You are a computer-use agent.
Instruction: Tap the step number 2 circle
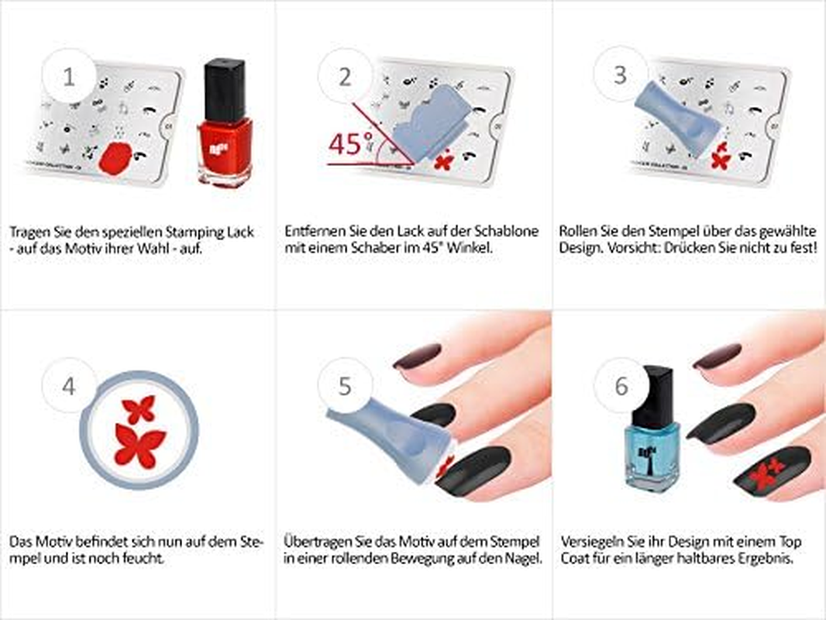click(345, 77)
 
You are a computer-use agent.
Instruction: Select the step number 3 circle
click(620, 75)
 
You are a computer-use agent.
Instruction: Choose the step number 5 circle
click(345, 385)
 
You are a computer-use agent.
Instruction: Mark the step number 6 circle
click(621, 385)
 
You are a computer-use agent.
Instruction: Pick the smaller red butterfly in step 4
click(140, 408)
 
